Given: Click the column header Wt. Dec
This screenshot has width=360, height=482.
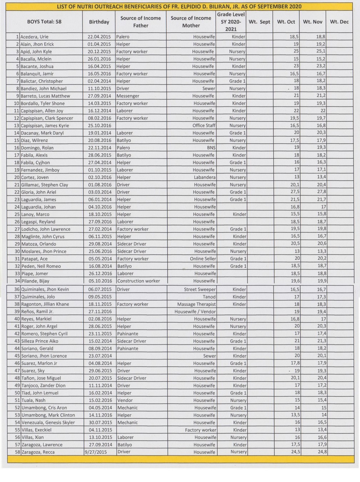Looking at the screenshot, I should point(339,22).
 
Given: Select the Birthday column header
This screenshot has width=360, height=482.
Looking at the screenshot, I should point(99,22).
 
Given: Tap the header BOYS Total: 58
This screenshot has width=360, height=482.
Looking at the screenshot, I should point(44,22).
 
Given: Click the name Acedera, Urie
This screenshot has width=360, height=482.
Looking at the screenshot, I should point(34,37).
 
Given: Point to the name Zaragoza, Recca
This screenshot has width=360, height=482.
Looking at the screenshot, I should point(38,452).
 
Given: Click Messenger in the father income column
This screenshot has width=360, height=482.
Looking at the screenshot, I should point(129,96).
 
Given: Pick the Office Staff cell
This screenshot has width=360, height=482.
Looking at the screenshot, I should point(204,126).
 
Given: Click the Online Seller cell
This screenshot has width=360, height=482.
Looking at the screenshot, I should point(203,259).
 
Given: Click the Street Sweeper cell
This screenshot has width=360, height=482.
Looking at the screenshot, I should point(199,290).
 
